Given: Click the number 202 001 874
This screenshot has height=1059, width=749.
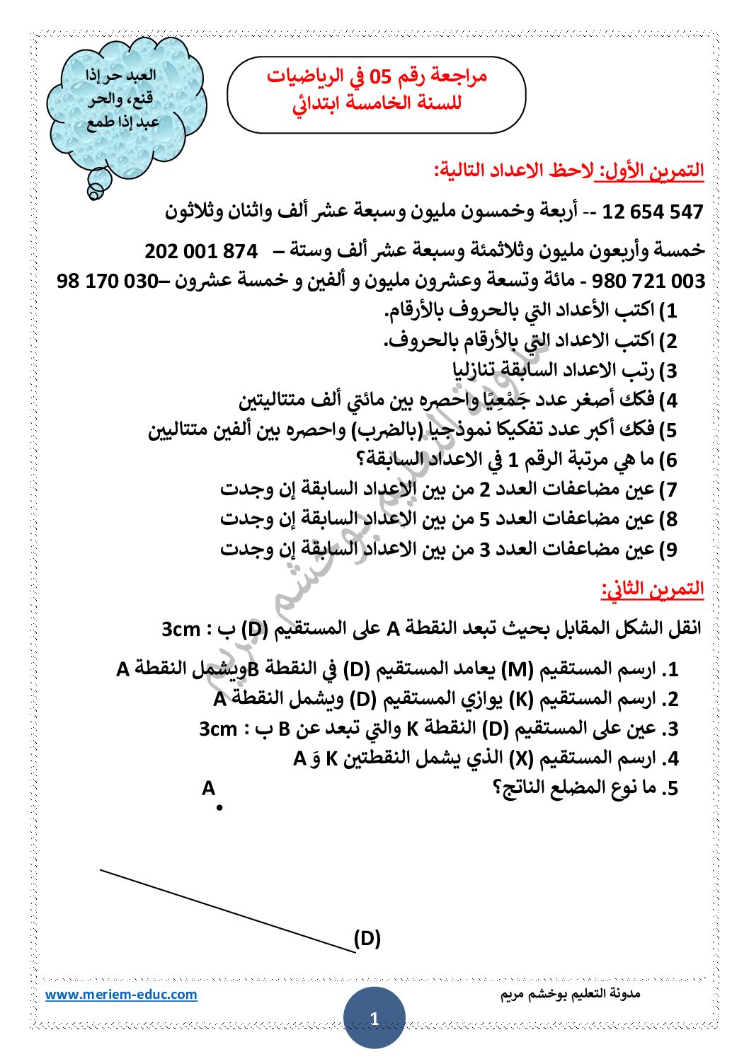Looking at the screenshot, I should pos(201,251).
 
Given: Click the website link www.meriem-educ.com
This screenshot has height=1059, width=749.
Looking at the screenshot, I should pos(121,994).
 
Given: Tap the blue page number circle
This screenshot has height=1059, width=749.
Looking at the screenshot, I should pos(374,1018).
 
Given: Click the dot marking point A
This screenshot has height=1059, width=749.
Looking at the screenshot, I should pos(220,807).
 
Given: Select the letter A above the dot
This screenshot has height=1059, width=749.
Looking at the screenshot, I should pos(208,788).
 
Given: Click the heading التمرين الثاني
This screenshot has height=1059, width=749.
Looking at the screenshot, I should pos(652,589).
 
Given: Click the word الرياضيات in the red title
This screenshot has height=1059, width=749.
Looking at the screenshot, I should pos(304,76).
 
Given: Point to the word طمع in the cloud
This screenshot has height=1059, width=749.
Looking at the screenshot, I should pos(101,123).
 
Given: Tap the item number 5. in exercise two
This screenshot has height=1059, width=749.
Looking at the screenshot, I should pos(669,789).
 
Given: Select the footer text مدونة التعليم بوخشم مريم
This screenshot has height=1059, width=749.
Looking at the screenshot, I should pos(570,994).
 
